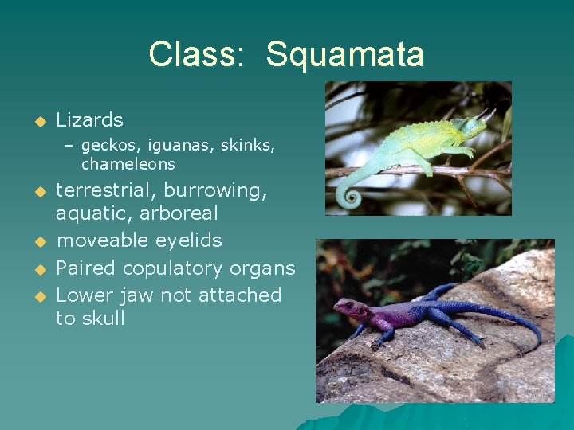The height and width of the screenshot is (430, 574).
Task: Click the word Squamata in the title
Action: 344,55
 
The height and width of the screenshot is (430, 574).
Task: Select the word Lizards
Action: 89,120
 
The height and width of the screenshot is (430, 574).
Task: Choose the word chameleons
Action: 128,165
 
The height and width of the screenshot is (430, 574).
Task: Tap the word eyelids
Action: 189,240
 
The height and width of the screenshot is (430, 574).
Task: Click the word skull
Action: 103,319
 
